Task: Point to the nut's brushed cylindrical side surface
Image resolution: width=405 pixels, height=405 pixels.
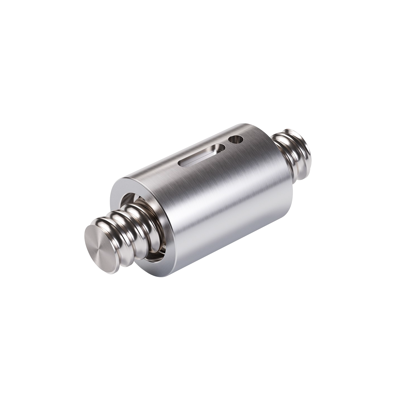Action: [x=224, y=201]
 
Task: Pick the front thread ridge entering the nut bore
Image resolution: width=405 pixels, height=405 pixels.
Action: [x=145, y=218]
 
